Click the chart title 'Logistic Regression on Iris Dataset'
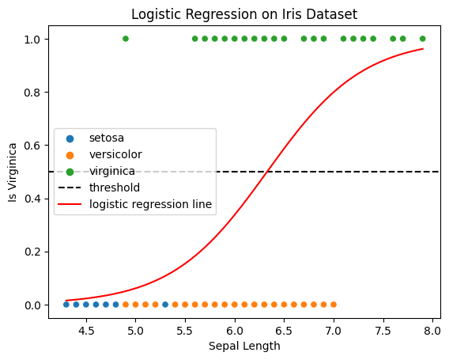pos(244,14)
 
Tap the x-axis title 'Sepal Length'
pos(244,346)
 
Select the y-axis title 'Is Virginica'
pos(13,172)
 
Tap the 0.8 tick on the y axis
pos(47,93)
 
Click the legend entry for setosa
pos(106,138)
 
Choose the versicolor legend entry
pos(115,154)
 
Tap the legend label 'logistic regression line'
pos(150,204)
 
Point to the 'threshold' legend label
pos(114,188)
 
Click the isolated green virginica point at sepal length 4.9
pos(126,39)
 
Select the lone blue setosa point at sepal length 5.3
pos(165,305)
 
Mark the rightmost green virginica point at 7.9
pos(422,39)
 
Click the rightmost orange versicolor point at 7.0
pos(334,305)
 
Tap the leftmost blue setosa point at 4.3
pos(66,305)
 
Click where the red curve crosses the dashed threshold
pos(269,172)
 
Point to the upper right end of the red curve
pos(422,49)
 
